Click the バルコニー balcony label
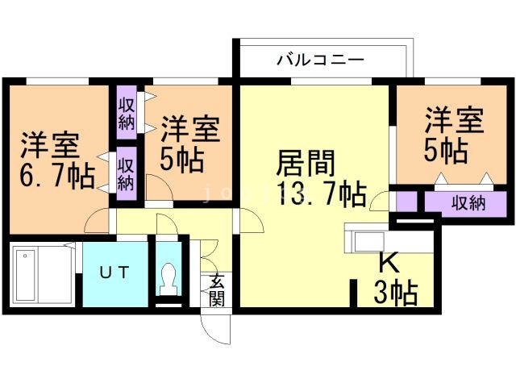point(321,60)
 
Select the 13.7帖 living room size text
point(320,194)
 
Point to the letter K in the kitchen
point(388,264)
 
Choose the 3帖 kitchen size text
point(394,293)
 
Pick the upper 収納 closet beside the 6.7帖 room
point(127,114)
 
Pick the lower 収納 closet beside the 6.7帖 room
point(127,172)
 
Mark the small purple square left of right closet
point(406,202)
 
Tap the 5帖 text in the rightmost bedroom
point(446,150)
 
